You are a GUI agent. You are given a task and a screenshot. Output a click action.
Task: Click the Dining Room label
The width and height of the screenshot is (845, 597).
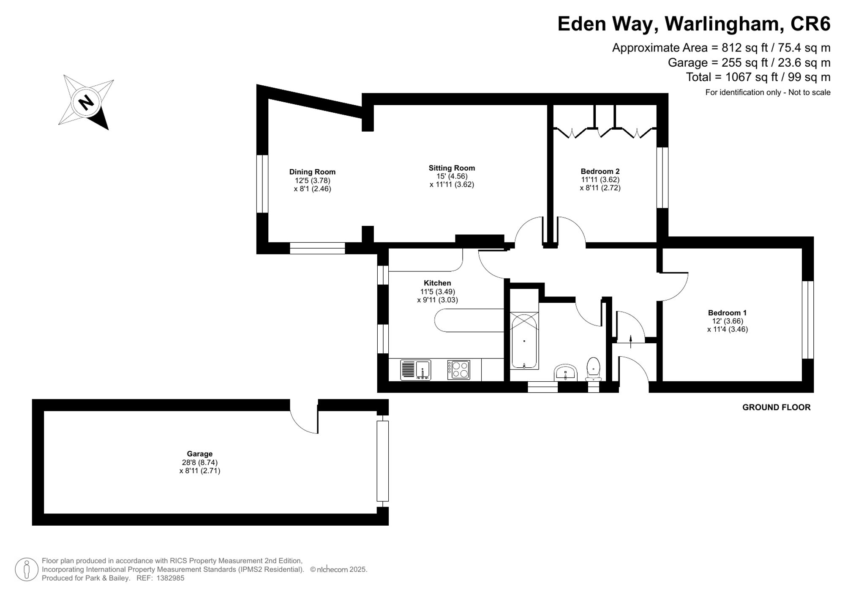(x=312, y=172)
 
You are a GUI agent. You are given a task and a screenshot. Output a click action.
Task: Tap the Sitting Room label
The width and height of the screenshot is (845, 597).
(x=452, y=168)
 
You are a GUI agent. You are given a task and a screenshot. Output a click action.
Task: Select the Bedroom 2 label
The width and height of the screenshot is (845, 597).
(x=600, y=171)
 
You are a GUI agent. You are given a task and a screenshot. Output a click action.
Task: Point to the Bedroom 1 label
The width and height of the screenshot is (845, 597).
(x=727, y=313)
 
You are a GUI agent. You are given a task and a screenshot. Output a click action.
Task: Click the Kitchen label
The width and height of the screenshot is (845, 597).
(x=437, y=283)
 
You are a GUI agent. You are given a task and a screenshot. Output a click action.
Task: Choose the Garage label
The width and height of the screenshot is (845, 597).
(x=199, y=454)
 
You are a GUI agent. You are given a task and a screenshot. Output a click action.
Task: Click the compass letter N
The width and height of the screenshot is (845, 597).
(x=86, y=102)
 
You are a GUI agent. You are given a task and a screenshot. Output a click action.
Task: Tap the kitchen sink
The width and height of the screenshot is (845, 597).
(x=415, y=370)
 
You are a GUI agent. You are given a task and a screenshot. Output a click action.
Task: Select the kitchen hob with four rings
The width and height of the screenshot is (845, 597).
(x=458, y=370)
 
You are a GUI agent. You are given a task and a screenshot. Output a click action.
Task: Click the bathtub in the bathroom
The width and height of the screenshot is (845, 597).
(x=524, y=340)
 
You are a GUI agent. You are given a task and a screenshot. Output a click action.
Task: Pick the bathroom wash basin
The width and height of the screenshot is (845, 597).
(x=565, y=372)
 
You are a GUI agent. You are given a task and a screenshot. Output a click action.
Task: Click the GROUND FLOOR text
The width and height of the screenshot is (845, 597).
(x=777, y=407)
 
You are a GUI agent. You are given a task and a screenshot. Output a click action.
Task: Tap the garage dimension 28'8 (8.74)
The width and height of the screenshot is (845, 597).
(x=199, y=462)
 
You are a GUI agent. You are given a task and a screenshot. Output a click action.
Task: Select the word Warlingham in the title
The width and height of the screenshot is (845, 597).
(x=722, y=24)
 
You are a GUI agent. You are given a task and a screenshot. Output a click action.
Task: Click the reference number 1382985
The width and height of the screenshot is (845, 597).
(x=170, y=578)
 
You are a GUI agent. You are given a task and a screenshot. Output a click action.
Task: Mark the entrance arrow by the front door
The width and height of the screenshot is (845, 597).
(x=631, y=341)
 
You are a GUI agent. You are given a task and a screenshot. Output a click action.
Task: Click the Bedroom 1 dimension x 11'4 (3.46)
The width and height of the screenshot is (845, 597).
(x=727, y=329)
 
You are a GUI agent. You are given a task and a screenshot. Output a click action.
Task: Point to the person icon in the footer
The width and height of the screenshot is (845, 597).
(x=27, y=570)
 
